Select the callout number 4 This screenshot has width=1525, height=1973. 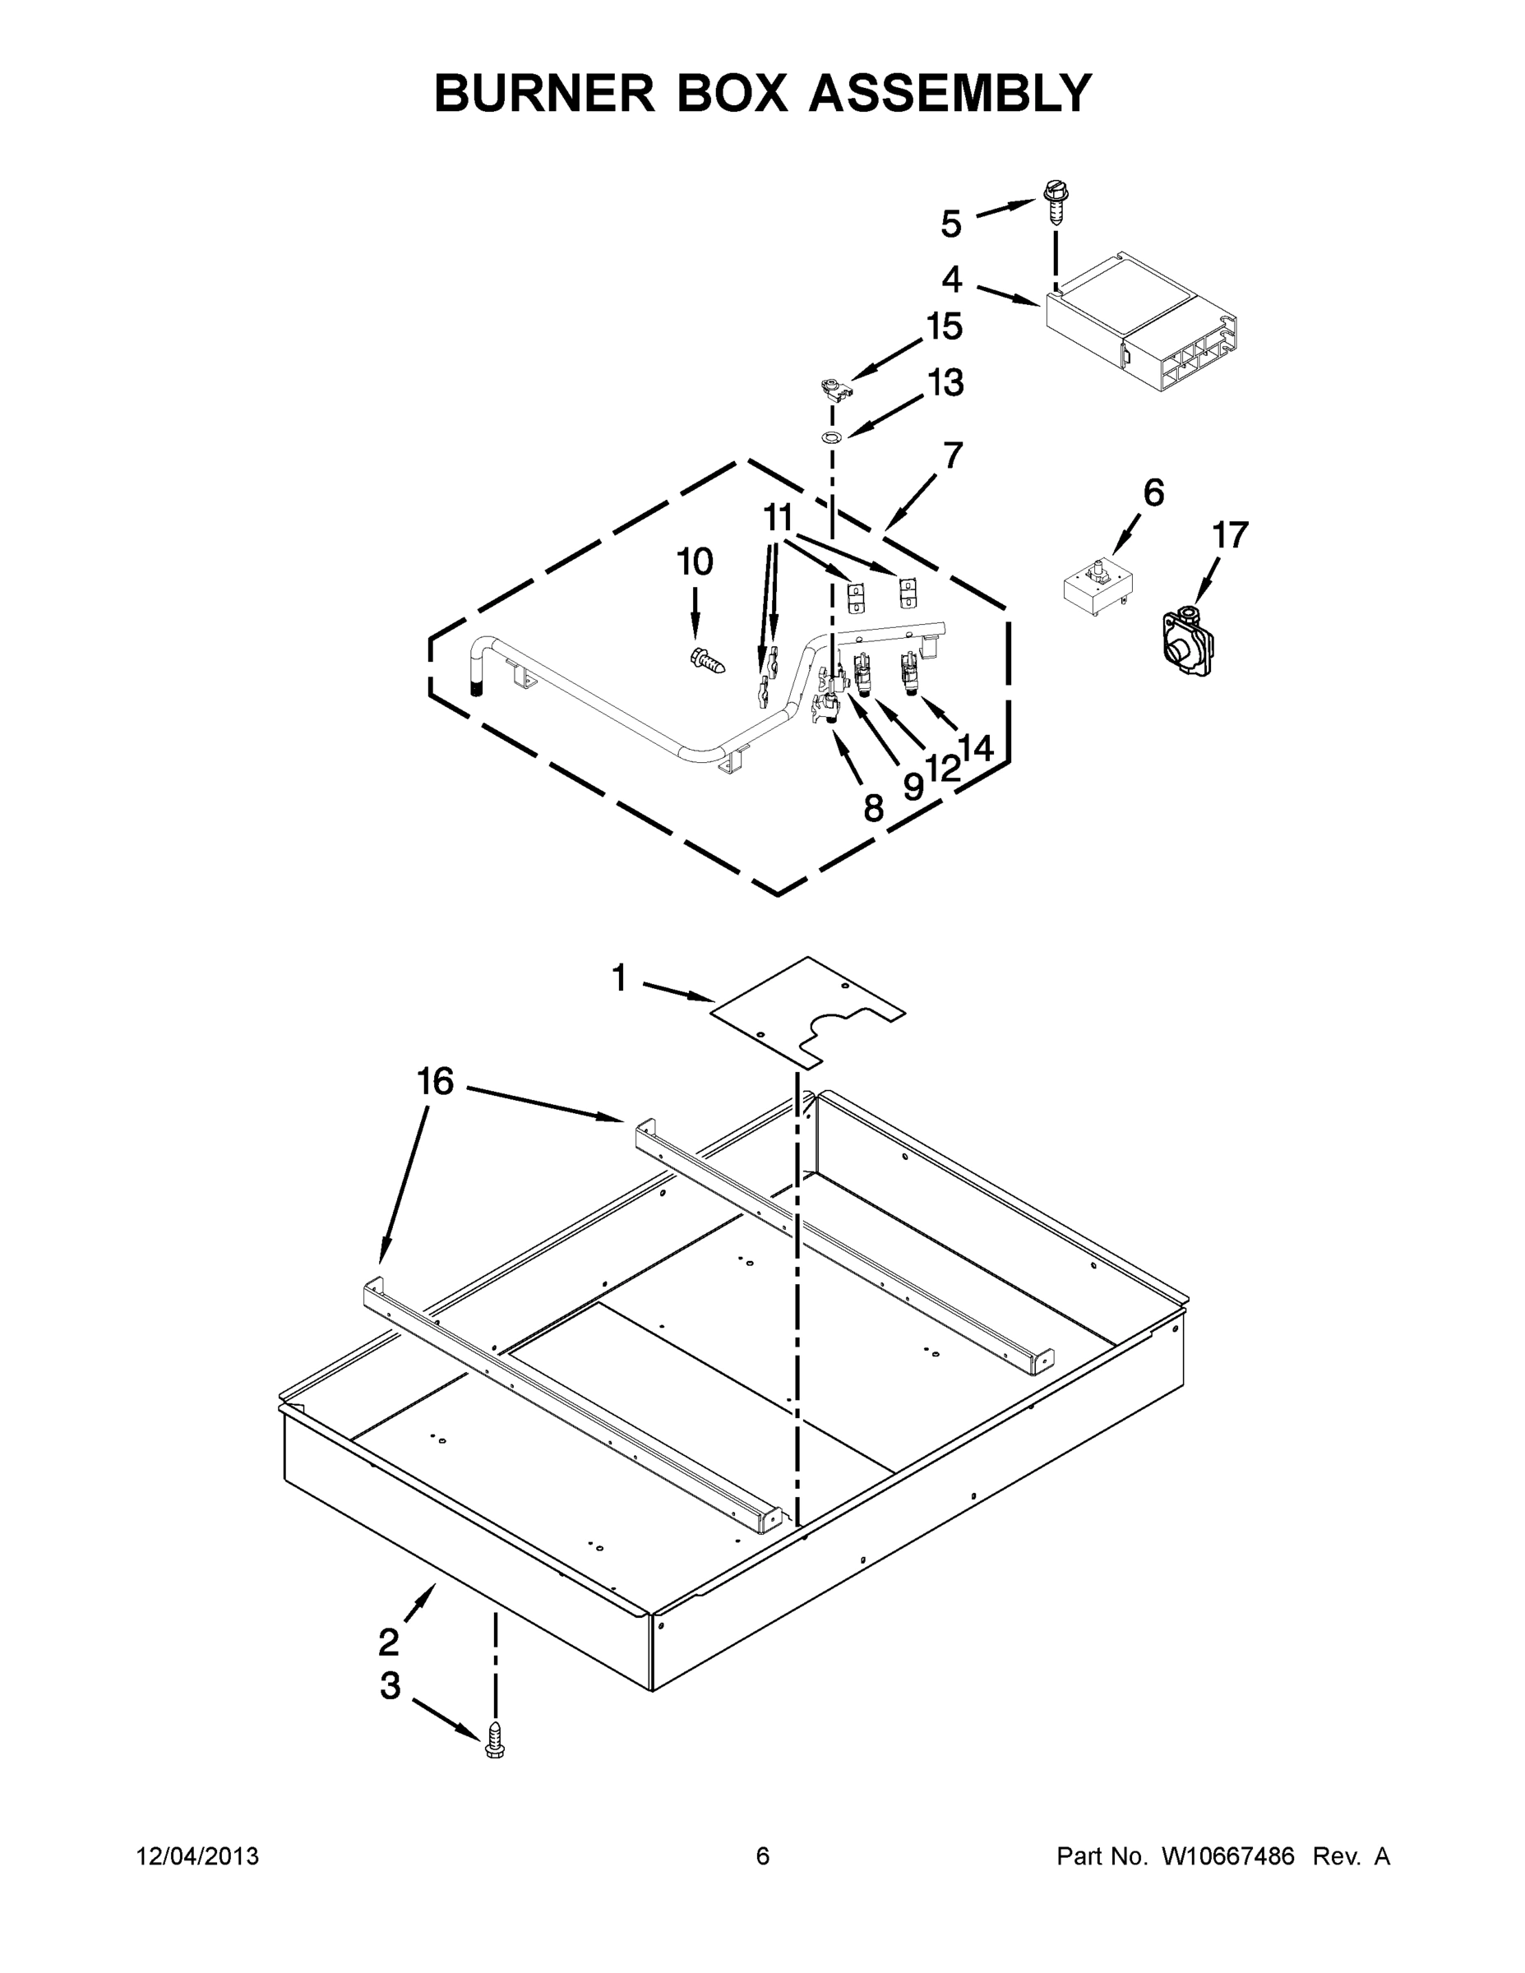click(x=951, y=280)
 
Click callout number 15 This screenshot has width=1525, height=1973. click(x=945, y=327)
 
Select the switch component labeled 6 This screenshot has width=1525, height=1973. click(x=1098, y=587)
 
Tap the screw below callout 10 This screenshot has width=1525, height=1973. click(x=707, y=661)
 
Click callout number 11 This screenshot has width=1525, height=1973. click(x=778, y=519)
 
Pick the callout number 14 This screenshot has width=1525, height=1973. click(x=976, y=748)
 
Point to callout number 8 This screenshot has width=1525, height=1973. click(x=873, y=807)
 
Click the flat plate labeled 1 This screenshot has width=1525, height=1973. click(x=806, y=1011)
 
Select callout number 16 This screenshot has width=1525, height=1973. click(x=435, y=1081)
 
